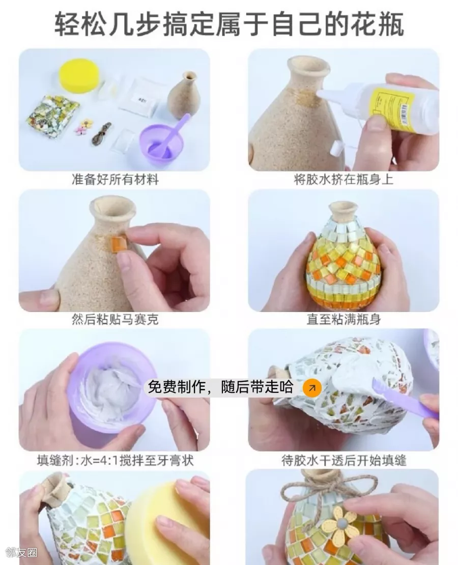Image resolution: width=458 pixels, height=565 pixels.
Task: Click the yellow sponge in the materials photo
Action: (78, 76)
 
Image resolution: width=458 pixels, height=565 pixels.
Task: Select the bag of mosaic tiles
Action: (52, 116)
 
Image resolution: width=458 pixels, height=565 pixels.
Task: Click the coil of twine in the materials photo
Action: (101, 133)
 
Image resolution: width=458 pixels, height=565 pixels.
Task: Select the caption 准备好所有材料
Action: (115, 179)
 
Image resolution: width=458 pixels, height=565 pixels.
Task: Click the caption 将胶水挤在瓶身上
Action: (343, 179)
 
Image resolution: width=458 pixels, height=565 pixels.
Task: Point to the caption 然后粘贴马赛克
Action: (115, 319)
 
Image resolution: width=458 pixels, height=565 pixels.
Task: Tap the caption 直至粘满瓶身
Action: (343, 319)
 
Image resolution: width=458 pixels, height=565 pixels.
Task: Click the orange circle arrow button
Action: (312, 388)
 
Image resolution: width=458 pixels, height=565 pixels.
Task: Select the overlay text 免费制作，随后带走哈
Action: (220, 387)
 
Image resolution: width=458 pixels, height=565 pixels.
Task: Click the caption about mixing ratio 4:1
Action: (115, 460)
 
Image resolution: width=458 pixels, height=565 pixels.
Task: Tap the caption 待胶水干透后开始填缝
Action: (343, 460)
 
